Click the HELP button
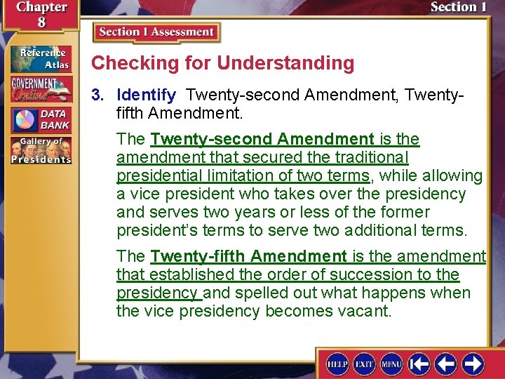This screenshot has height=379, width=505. (337, 364)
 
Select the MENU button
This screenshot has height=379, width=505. (391, 364)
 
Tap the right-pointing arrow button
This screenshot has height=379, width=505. (472, 364)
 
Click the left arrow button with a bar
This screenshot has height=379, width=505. (419, 364)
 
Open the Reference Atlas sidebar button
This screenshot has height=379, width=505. (40, 59)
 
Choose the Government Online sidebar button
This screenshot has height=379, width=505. (40, 89)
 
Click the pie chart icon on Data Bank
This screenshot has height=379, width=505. (25, 119)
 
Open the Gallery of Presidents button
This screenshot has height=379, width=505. (40, 149)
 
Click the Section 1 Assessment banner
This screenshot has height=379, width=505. (156, 32)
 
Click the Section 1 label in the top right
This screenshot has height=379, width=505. (458, 8)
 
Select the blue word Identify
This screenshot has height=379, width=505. (147, 94)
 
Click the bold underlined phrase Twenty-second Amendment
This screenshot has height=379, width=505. (262, 139)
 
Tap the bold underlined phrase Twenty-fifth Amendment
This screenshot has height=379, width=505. (248, 256)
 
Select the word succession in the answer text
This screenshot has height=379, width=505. (373, 274)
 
